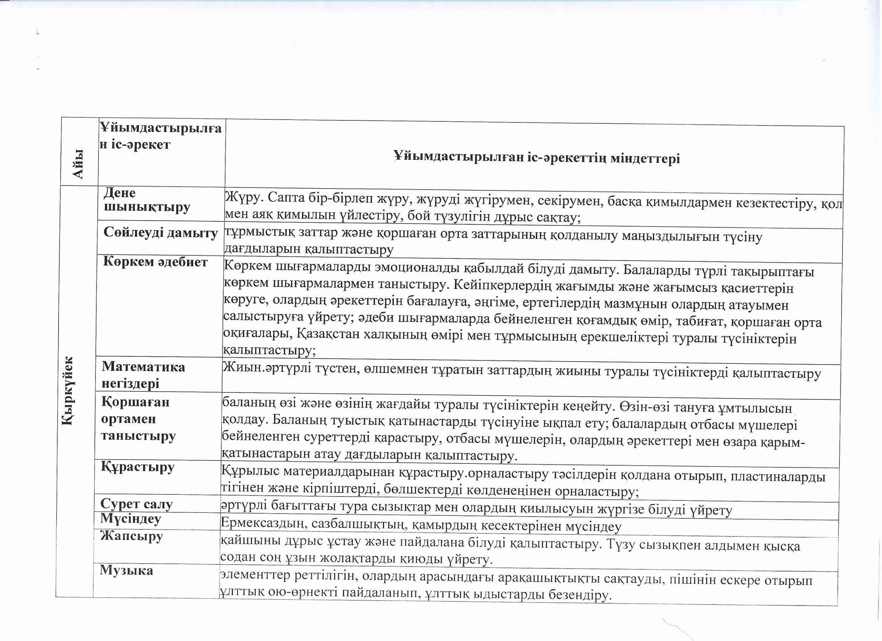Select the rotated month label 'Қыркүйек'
[x=70, y=391]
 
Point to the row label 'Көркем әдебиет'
[x=155, y=262]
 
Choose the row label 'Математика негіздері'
[x=143, y=375]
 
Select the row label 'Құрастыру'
[x=138, y=466]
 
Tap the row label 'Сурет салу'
[x=137, y=504]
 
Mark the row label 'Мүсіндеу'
[x=131, y=519]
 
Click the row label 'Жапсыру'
[x=131, y=536]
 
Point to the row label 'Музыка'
[x=126, y=570]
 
